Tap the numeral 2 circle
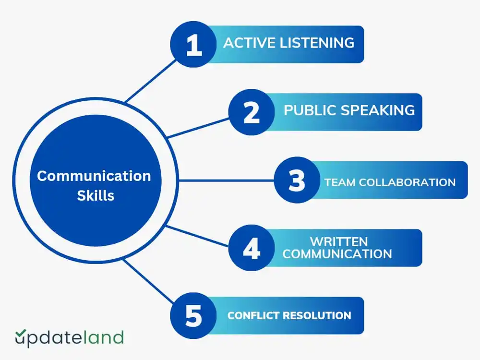[251, 112]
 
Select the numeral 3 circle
[297, 180]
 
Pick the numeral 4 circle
[251, 248]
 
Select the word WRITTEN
[338, 241]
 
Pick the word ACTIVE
[245, 43]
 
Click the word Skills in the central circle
[96, 195]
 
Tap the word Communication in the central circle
[94, 176]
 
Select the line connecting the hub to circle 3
[226, 181]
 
